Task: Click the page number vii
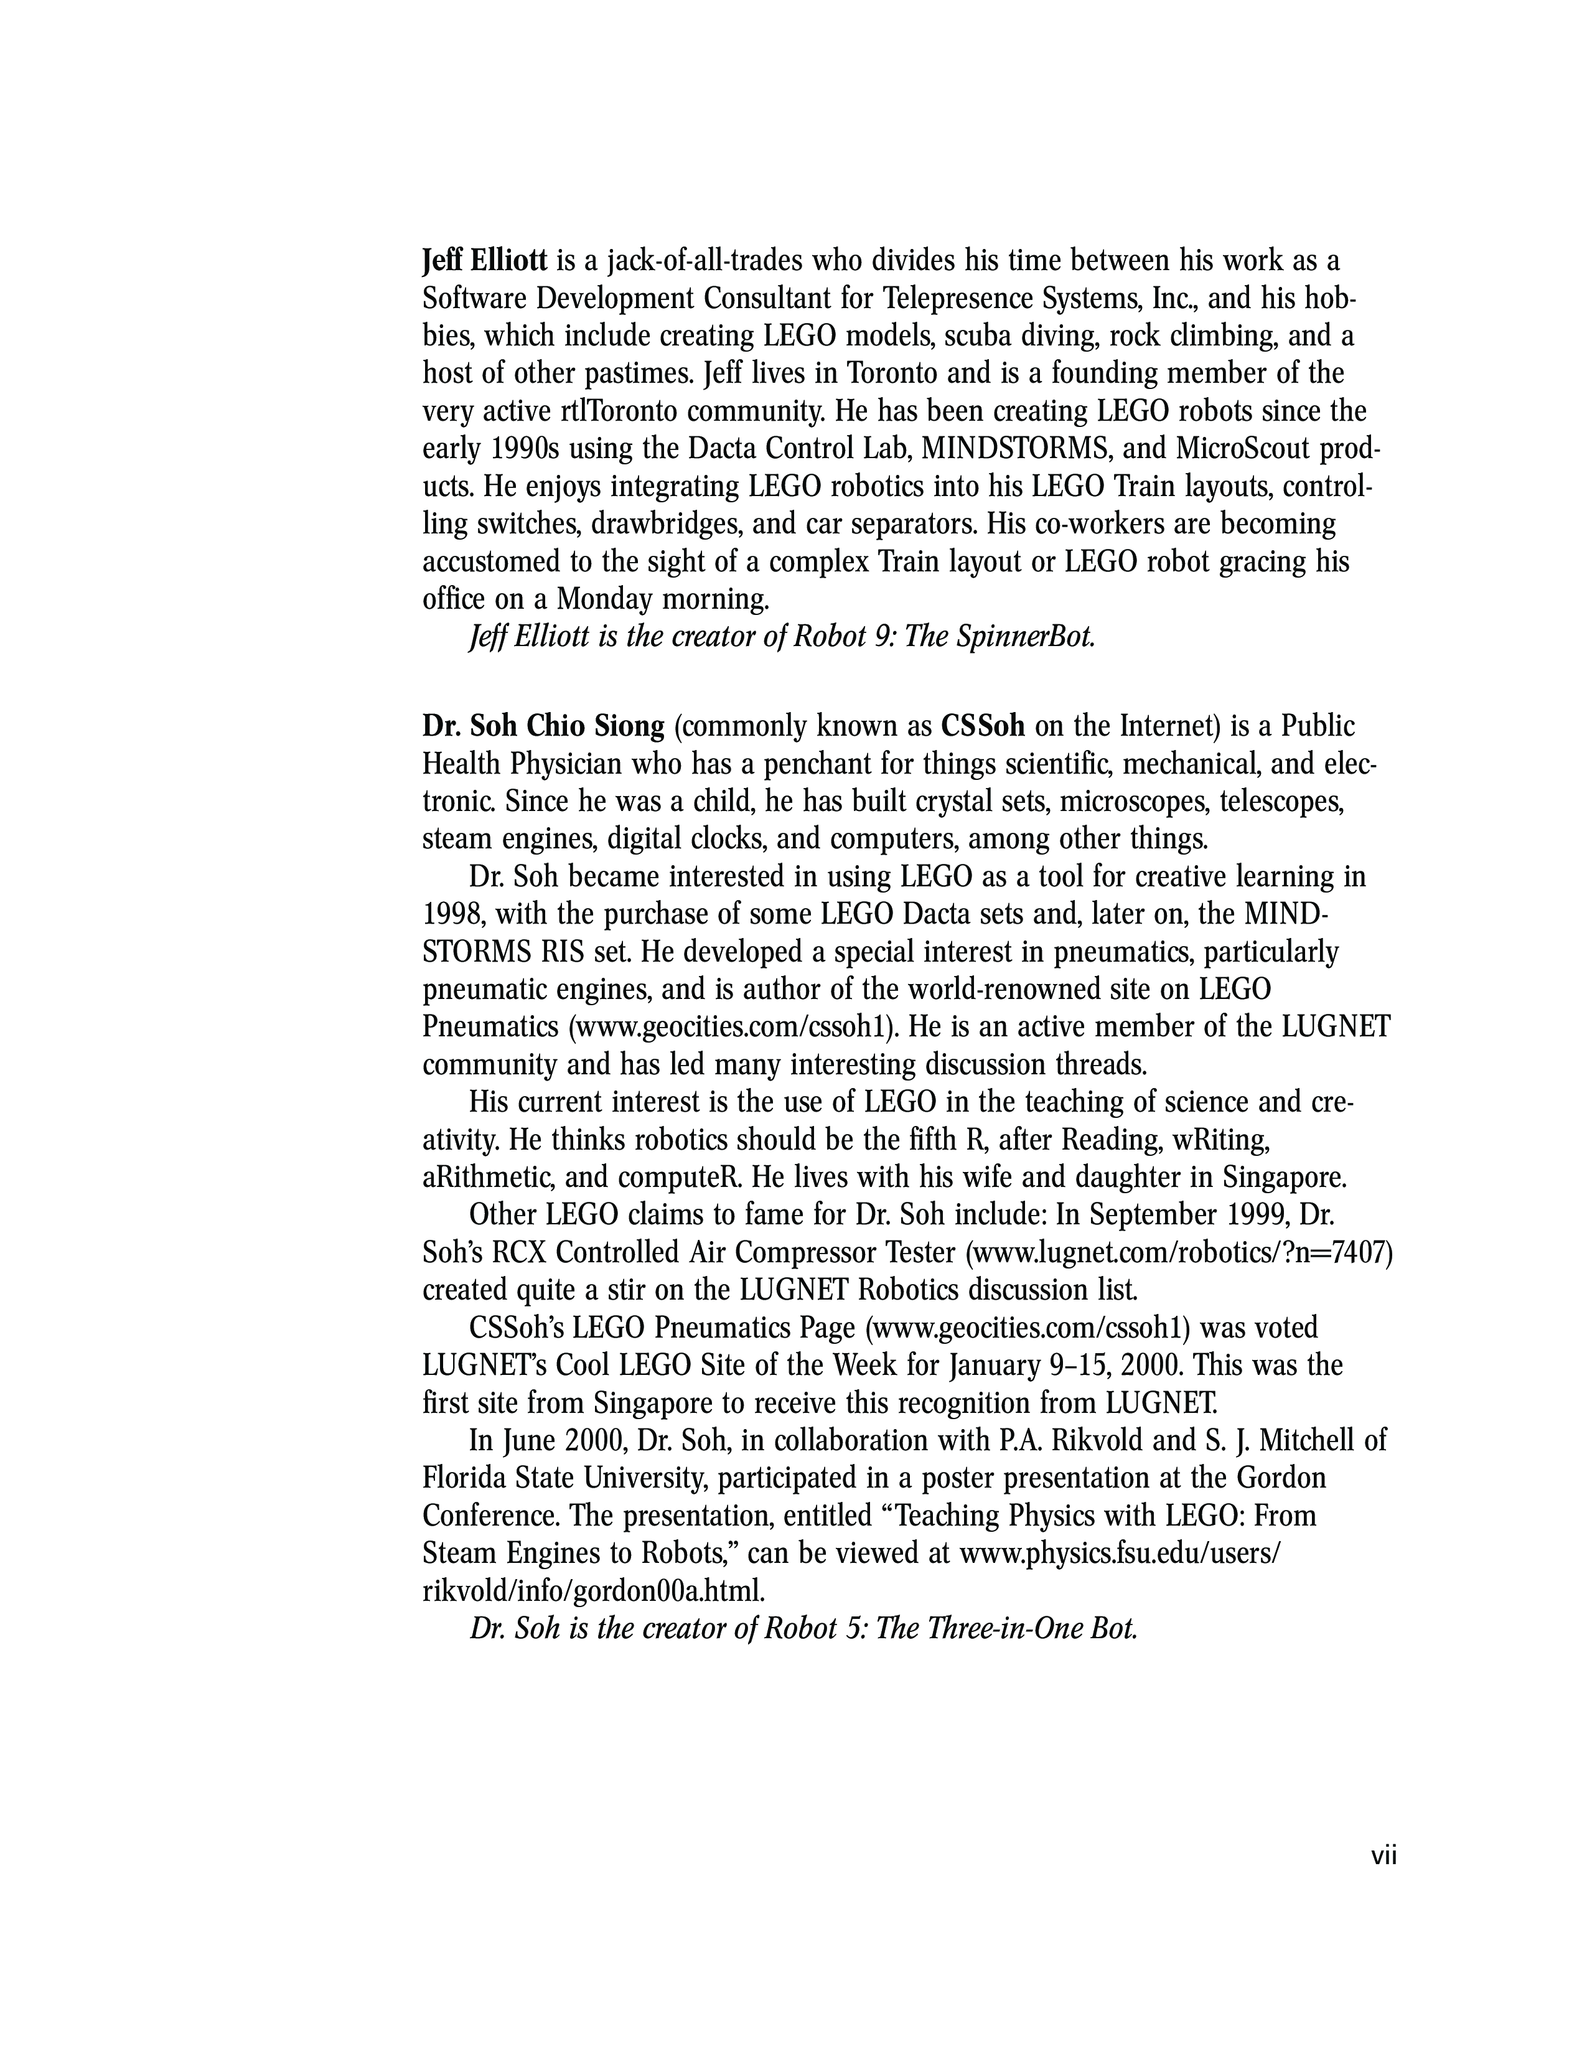(x=1383, y=1855)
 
